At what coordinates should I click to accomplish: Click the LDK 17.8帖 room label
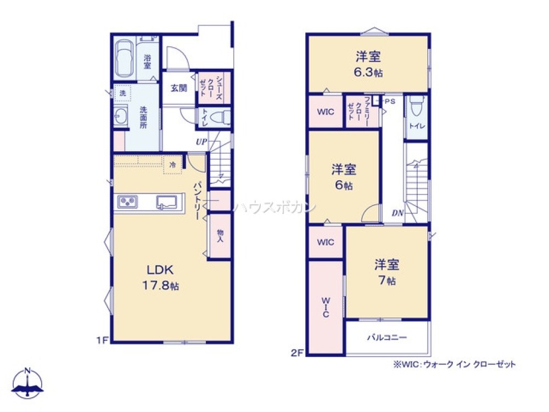coord(160,277)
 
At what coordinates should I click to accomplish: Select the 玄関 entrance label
coord(178,88)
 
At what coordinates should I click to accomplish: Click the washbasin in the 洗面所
coord(121,116)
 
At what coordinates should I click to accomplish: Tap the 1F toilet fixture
coord(221,117)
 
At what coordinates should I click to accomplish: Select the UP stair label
coord(201,142)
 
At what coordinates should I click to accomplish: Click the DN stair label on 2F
coord(397,214)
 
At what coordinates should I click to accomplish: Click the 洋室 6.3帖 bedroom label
coord(368,64)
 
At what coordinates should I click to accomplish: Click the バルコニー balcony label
coord(387,337)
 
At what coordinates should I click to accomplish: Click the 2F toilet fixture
coord(416,105)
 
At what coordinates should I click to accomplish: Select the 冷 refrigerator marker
coord(173,164)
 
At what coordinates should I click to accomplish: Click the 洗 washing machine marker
coord(122,93)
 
